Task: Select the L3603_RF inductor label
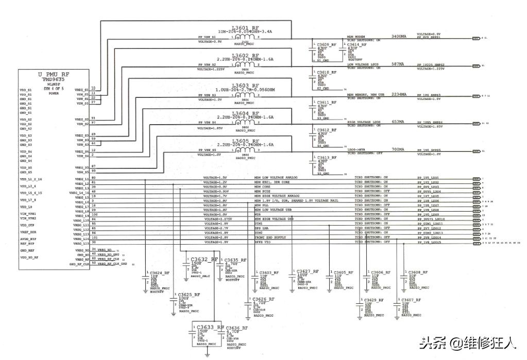pyautogui.click(x=245, y=85)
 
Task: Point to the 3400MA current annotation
pyautogui.click(x=399, y=37)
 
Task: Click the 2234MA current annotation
pyautogui.click(x=399, y=95)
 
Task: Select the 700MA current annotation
pyautogui.click(x=398, y=149)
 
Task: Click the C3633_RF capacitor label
pyautogui.click(x=207, y=328)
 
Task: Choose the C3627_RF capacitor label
pyautogui.click(x=308, y=271)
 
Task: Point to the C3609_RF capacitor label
pyautogui.click(x=327, y=45)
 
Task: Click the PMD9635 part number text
pyautogui.click(x=54, y=80)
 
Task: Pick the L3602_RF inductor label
pyautogui.click(x=245, y=55)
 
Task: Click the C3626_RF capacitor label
pyautogui.click(x=263, y=299)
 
